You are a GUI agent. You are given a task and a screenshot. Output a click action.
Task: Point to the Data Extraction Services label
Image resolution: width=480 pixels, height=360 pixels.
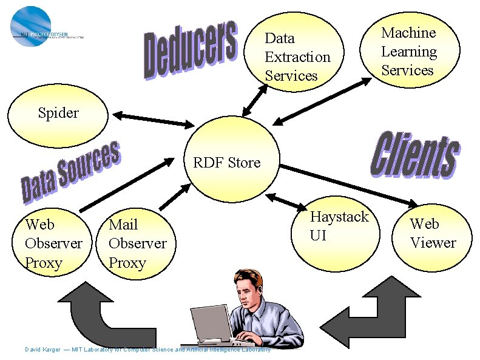[x=297, y=57]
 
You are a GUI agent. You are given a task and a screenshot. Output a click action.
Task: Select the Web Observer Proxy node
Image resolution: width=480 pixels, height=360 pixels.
[x=53, y=243]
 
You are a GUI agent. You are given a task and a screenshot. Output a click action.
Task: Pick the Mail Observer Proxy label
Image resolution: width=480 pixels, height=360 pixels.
[x=137, y=243]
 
